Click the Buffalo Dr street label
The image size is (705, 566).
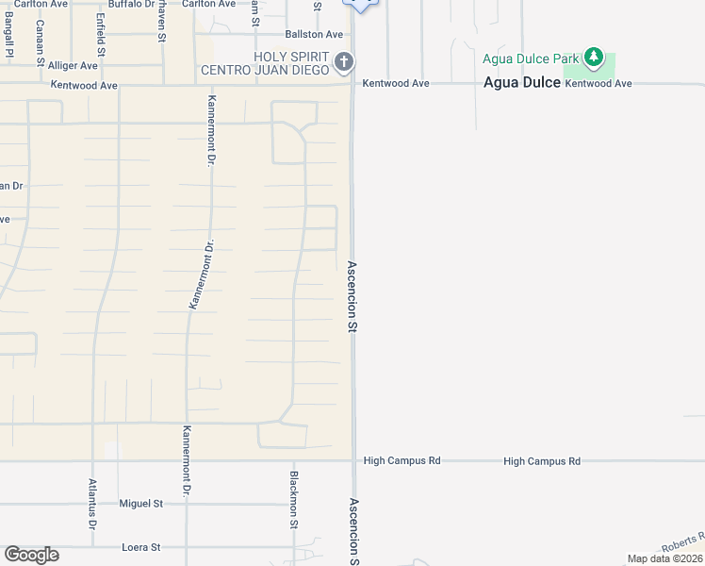tap(130, 5)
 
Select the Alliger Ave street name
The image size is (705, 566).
tap(74, 66)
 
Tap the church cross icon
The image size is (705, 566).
tap(344, 63)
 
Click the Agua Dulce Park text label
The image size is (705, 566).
tap(530, 58)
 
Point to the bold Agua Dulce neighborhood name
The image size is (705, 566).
tap(521, 83)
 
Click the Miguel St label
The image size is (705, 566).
tap(141, 504)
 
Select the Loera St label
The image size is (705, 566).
tap(141, 547)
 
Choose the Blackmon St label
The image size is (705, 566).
tap(294, 500)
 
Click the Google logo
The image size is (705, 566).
tap(31, 555)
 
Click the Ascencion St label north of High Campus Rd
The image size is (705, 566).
tap(352, 296)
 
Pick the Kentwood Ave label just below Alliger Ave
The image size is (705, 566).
tap(84, 86)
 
